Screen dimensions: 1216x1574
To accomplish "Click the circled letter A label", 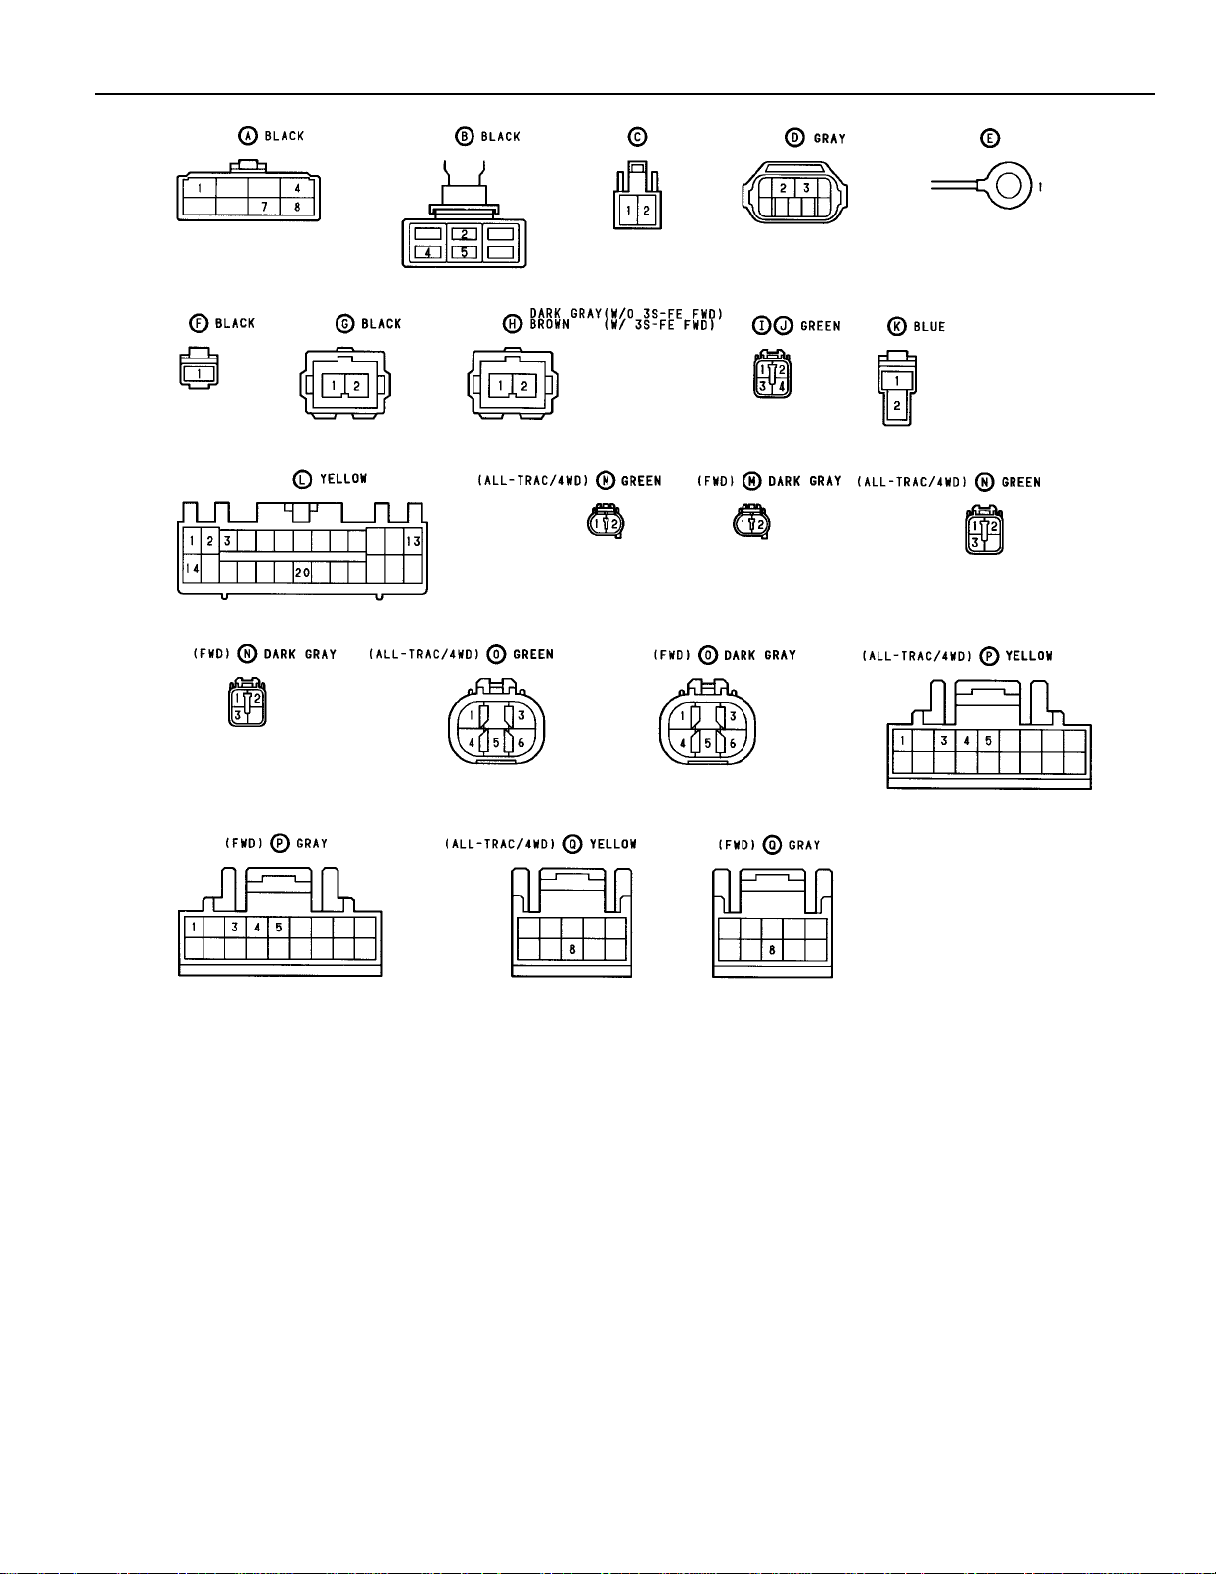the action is click(249, 136).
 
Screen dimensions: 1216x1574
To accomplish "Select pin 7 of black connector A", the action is click(264, 207).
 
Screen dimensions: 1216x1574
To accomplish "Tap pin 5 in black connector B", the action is click(464, 252).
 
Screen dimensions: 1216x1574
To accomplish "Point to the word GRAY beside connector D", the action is click(829, 138).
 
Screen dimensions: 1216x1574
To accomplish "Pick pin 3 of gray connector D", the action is click(806, 188).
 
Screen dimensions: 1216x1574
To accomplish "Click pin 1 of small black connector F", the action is click(200, 373).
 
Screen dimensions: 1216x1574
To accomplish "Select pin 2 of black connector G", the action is click(356, 385).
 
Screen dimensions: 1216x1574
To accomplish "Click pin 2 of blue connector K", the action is click(896, 405).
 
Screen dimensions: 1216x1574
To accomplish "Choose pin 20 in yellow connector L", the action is click(302, 573).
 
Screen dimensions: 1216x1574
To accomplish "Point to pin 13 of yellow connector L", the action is click(413, 541).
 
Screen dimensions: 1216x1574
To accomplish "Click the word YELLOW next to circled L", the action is click(343, 479).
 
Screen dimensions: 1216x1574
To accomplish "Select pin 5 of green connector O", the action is click(496, 743).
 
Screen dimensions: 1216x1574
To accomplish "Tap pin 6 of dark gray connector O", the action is click(733, 743).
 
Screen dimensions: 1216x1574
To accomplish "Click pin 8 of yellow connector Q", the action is click(572, 950).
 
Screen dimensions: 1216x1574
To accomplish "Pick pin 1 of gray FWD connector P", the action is click(193, 928).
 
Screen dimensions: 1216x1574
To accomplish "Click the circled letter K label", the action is click(896, 326).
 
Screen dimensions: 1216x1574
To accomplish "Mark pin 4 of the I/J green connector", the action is click(782, 385).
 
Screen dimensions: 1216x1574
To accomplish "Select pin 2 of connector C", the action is click(646, 211).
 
